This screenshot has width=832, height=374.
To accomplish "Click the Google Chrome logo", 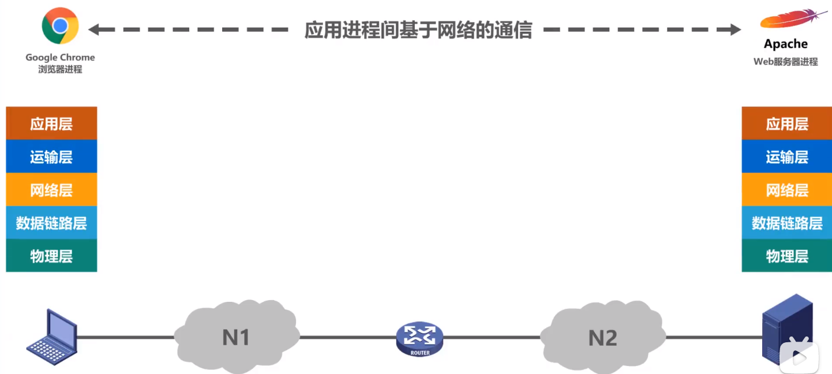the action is pyautogui.click(x=60, y=26).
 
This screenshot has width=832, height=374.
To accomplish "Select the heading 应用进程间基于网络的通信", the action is pyautogui.click(x=418, y=29).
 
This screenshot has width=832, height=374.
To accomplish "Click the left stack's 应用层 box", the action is pyautogui.click(x=51, y=124).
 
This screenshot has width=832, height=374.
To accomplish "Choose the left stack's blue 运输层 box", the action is pyautogui.click(x=51, y=157).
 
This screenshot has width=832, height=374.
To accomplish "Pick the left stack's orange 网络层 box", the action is pyautogui.click(x=51, y=190).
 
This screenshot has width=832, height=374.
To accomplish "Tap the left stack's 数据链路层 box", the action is pyautogui.click(x=51, y=223).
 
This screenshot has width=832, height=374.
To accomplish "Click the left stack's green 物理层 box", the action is pyautogui.click(x=51, y=256).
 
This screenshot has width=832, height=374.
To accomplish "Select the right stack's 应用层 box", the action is pyautogui.click(x=786, y=124).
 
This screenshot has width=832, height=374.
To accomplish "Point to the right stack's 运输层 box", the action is pyautogui.click(x=786, y=157).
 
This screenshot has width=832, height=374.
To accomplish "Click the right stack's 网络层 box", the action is pyautogui.click(x=786, y=190).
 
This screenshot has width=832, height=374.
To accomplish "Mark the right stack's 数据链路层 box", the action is pyautogui.click(x=786, y=223).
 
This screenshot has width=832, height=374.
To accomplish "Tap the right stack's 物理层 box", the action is pyautogui.click(x=786, y=256).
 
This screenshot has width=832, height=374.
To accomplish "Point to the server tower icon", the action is pyautogui.click(x=787, y=329).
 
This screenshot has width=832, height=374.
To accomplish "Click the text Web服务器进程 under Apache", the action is pyautogui.click(x=785, y=62).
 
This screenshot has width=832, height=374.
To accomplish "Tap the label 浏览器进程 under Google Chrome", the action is pyautogui.click(x=60, y=69).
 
